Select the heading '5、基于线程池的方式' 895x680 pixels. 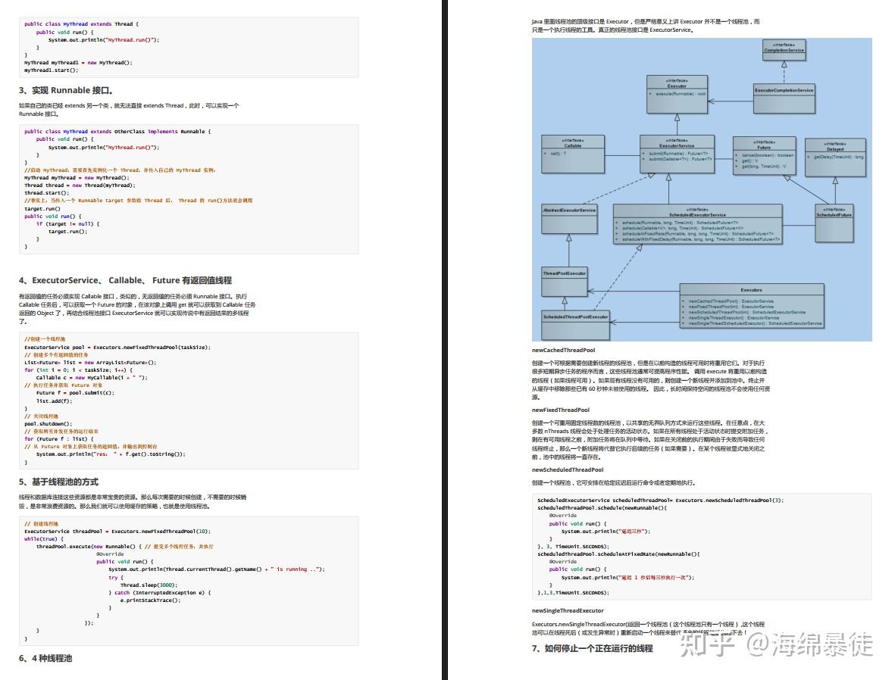[58, 482]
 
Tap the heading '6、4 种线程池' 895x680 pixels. [45, 658]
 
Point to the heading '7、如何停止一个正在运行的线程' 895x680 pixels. [592, 648]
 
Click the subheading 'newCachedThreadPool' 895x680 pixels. [563, 351]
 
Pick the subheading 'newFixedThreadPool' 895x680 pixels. [561, 410]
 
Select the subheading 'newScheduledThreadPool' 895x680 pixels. [568, 469]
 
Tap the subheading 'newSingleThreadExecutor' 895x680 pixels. [568, 610]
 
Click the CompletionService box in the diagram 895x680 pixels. [784, 49]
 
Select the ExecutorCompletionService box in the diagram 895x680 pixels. [784, 90]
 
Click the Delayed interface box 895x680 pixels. [834, 148]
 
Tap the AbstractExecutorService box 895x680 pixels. [569, 210]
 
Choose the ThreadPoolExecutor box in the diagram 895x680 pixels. [564, 273]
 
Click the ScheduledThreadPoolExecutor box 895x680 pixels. [575, 317]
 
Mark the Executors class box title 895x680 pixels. [751, 290]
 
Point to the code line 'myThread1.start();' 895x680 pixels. [51, 70]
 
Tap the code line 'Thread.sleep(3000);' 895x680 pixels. [149, 585]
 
